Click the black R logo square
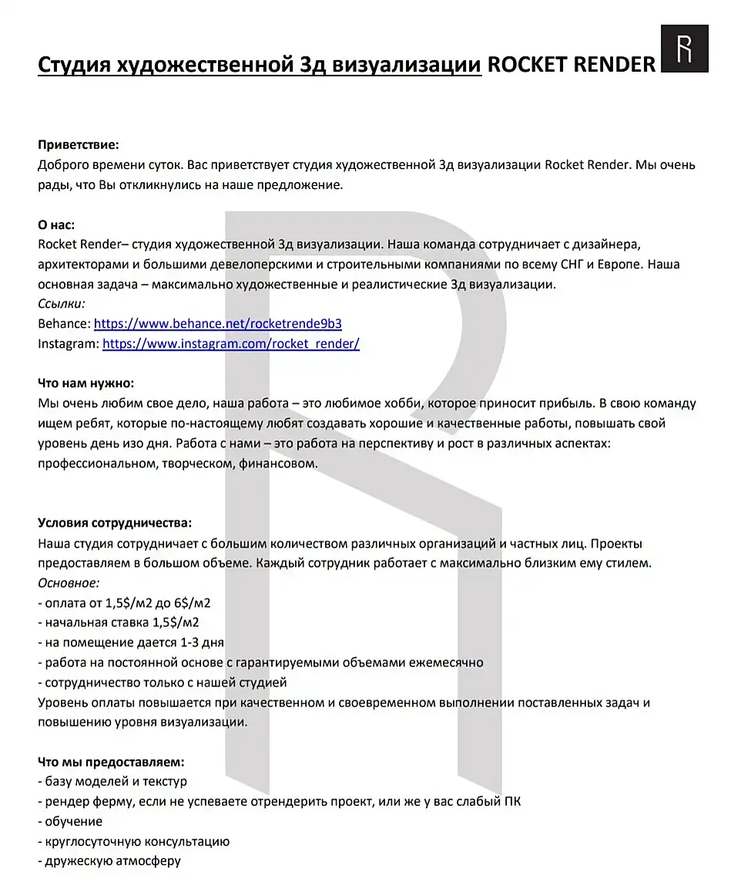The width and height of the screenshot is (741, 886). (x=685, y=48)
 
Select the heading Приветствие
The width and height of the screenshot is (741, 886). (x=79, y=144)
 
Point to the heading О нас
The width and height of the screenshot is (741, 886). (x=56, y=224)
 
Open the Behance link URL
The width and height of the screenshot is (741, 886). (x=218, y=324)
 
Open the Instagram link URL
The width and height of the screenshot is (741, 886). (x=231, y=344)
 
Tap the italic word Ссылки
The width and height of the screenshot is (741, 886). (x=62, y=304)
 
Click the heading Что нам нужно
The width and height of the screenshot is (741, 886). (x=85, y=383)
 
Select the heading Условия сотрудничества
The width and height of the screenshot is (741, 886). (x=115, y=524)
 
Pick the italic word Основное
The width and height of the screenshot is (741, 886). (x=69, y=583)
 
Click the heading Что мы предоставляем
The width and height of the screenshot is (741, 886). (x=111, y=762)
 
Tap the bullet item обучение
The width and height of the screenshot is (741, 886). (x=73, y=821)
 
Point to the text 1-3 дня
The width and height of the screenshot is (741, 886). (x=202, y=642)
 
